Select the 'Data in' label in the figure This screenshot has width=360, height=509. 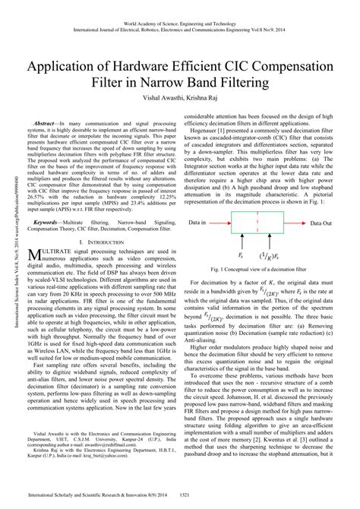pos(199,203)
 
